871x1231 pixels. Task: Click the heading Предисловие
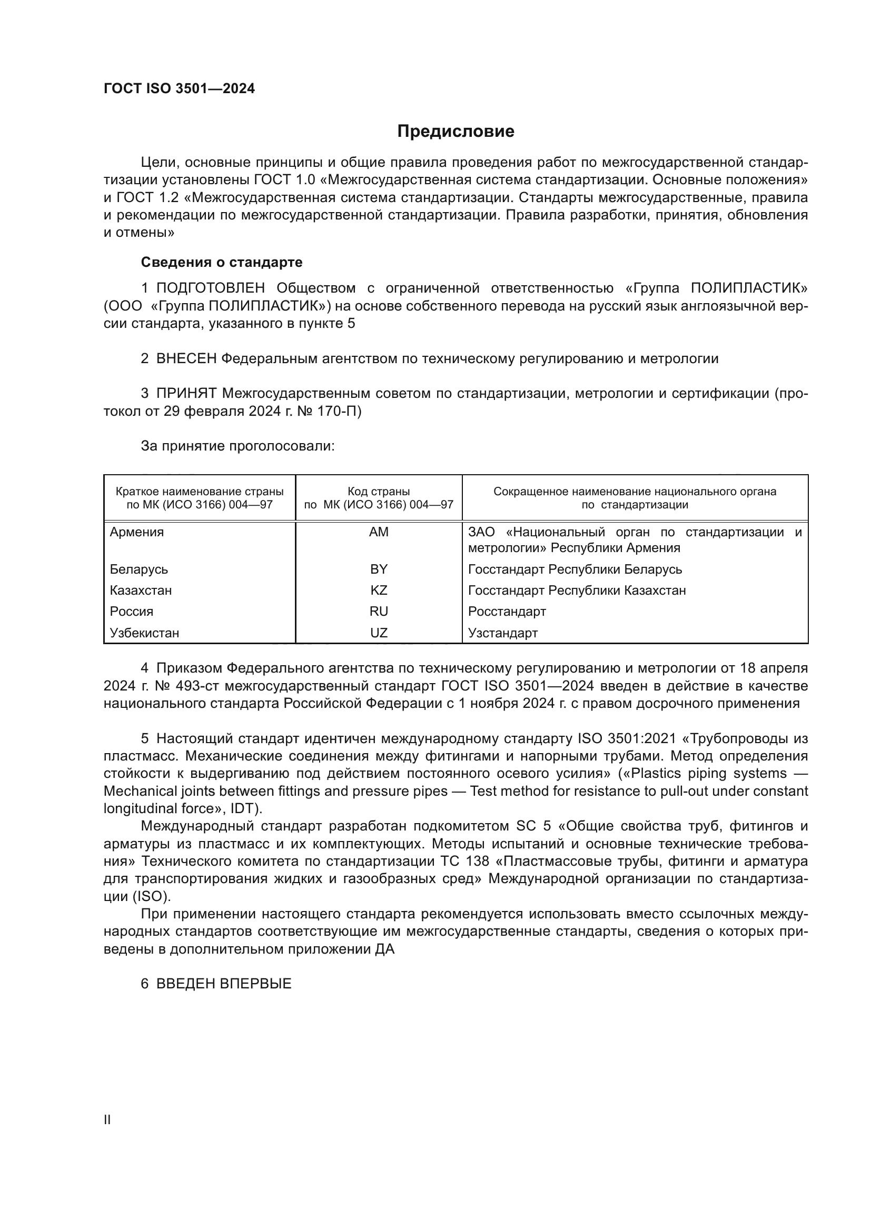click(x=456, y=132)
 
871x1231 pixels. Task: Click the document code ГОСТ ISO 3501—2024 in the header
click(x=179, y=89)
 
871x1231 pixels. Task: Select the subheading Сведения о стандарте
click(x=222, y=262)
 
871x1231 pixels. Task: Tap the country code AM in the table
click(x=379, y=533)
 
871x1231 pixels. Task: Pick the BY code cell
click(x=379, y=569)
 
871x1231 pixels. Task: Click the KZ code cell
click(x=379, y=591)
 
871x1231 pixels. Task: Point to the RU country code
click(x=379, y=612)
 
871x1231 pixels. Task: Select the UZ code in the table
click(x=379, y=633)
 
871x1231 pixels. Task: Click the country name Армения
click(x=137, y=533)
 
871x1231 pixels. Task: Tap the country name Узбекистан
click(x=144, y=633)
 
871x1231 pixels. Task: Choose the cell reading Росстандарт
click(x=507, y=612)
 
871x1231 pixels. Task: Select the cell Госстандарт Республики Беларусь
click(x=575, y=569)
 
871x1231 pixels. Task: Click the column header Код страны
click(x=379, y=492)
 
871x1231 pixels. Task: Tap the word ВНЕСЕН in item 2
click(x=186, y=359)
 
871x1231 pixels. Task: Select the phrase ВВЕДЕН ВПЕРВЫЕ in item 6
click(x=224, y=984)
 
